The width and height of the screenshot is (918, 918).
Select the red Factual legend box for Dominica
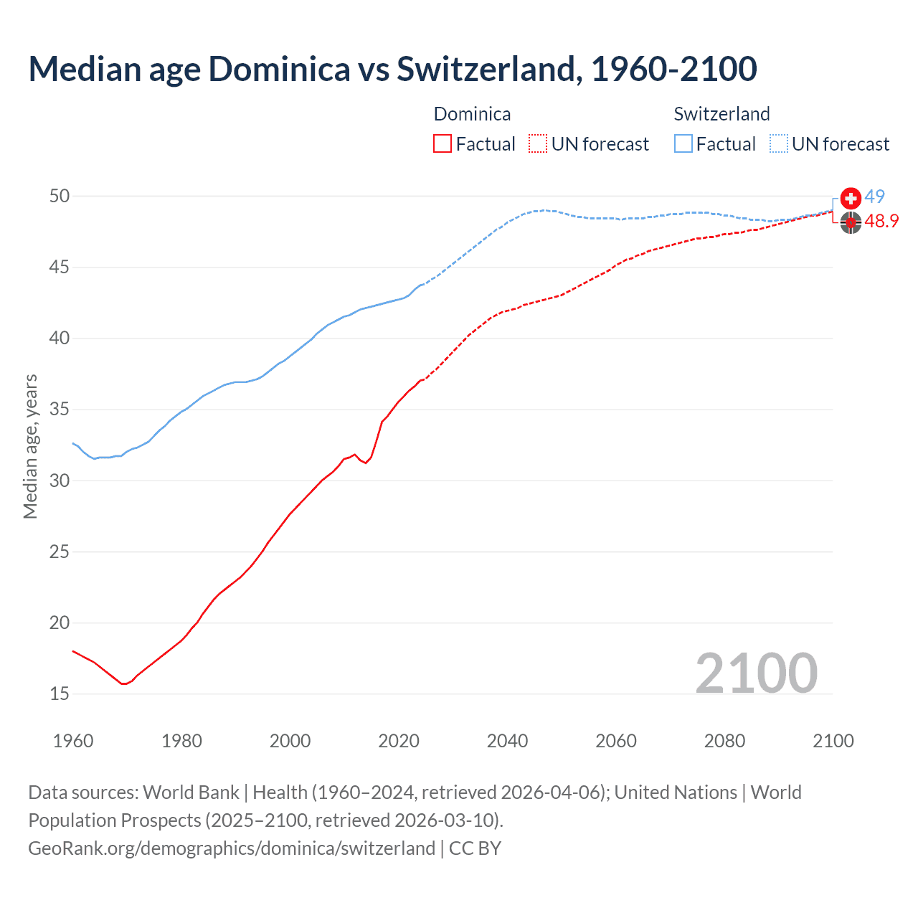pos(443,144)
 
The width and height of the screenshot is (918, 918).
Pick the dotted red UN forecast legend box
pos(538,144)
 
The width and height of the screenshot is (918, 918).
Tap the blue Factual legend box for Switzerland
pos(683,144)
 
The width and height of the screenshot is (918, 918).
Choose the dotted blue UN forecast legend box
pos(779,144)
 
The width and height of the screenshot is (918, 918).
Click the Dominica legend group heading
pos(472,114)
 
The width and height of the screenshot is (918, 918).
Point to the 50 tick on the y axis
pos(60,197)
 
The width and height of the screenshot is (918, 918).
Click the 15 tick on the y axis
pos(60,694)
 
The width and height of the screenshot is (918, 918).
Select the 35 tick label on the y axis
pos(60,410)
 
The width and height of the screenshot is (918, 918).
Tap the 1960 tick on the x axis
pos(73,741)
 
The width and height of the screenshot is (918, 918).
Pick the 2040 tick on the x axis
pos(507,741)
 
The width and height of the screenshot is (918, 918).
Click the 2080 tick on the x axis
pos(724,741)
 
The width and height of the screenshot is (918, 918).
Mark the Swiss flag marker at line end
pos(851,198)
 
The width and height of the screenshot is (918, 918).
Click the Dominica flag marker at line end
pos(851,223)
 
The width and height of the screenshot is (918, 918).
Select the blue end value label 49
pos(874,197)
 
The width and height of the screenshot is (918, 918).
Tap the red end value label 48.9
pos(881,222)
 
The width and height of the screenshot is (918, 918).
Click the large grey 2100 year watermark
pos(756,673)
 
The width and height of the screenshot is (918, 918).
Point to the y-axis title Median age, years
pos(30,446)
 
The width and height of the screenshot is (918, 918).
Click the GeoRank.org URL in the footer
pos(232,848)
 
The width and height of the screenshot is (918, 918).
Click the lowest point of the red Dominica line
pos(123,683)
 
